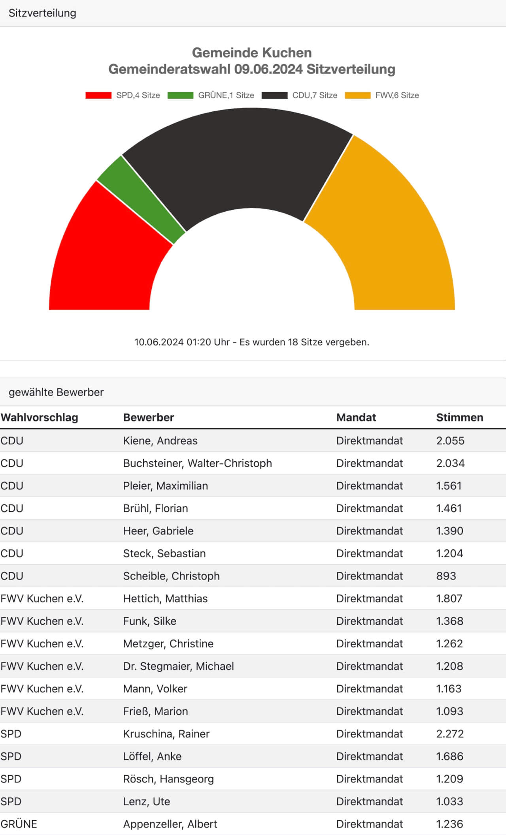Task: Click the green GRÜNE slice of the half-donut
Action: pyautogui.click(x=141, y=199)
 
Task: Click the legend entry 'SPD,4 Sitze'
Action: pyautogui.click(x=123, y=95)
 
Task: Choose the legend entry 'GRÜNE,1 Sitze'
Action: pyautogui.click(x=211, y=95)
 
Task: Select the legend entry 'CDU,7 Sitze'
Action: pyautogui.click(x=299, y=95)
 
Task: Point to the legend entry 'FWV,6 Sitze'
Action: pyautogui.click(x=382, y=95)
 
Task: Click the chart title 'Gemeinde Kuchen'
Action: pyautogui.click(x=252, y=53)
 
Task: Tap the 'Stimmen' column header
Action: pyautogui.click(x=460, y=417)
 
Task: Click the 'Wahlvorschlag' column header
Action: pyautogui.click(x=39, y=417)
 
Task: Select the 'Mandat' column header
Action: pyautogui.click(x=356, y=417)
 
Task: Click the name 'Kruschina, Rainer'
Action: pyautogui.click(x=166, y=734)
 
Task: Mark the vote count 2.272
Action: pyautogui.click(x=450, y=734)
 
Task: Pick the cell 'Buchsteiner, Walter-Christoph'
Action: pyautogui.click(x=198, y=463)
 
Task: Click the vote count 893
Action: pyautogui.click(x=446, y=576)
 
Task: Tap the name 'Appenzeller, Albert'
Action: pyautogui.click(x=170, y=824)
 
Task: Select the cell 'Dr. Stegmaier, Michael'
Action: pyautogui.click(x=178, y=666)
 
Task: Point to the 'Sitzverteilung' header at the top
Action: pyautogui.click(x=42, y=13)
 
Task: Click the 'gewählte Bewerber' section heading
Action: pyautogui.click(x=56, y=392)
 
